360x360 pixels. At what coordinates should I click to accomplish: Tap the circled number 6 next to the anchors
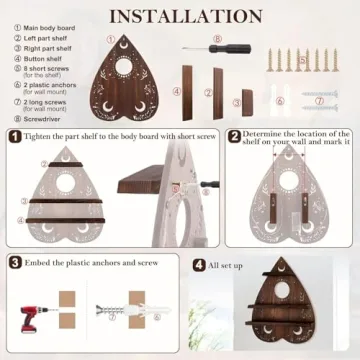pyautogui.click(x=280, y=101)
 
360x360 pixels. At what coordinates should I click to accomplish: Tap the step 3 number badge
pyautogui.click(x=15, y=262)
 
